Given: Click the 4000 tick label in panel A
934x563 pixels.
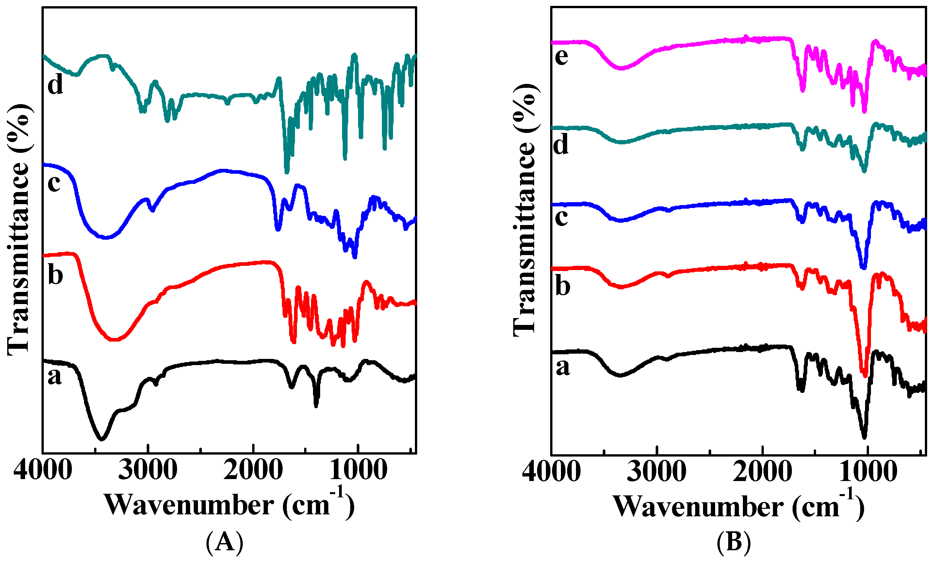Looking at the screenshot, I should pos(42,470).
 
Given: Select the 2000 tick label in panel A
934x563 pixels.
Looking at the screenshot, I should pos(253,470).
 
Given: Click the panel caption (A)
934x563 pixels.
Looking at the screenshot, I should pos(224,542).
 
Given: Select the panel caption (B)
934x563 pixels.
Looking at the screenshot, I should pos(733,542).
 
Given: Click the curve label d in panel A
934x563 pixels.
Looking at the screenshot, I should pos(55,85).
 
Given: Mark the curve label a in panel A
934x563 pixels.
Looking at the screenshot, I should pos(54,376).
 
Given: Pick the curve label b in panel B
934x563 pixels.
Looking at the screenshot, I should pos(563,286).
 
